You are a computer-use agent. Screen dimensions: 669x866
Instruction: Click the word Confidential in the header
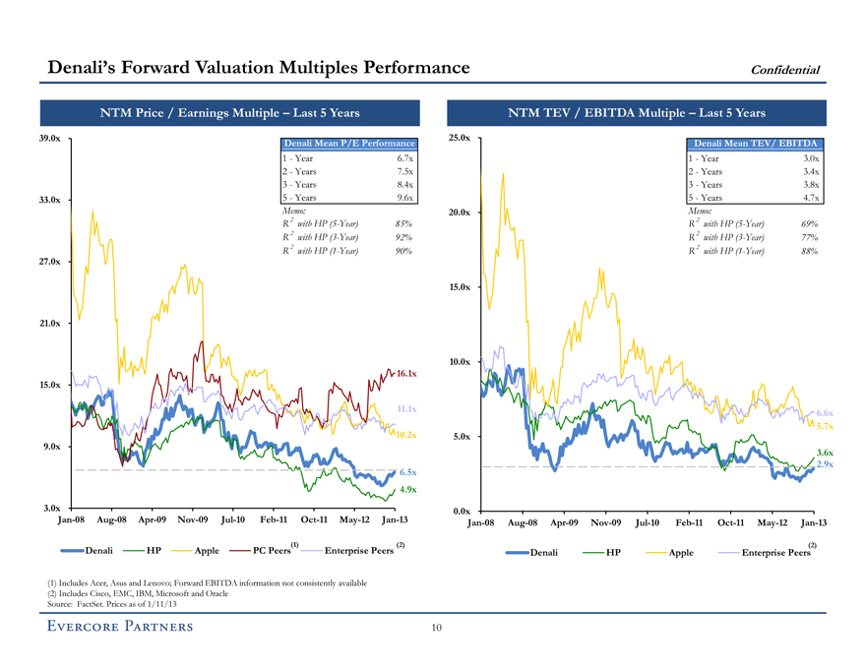point(785,69)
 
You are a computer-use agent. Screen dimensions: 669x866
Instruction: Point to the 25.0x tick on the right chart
point(461,138)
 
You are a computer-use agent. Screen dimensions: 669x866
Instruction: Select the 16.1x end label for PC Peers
point(407,374)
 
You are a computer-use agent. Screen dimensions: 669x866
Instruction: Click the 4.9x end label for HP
point(408,490)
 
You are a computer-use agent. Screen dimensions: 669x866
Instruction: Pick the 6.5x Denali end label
point(408,472)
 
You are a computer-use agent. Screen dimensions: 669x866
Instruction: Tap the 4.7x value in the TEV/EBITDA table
point(810,197)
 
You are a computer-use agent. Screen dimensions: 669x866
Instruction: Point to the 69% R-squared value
point(809,223)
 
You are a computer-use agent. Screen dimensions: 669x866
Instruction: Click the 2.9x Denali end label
point(825,463)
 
